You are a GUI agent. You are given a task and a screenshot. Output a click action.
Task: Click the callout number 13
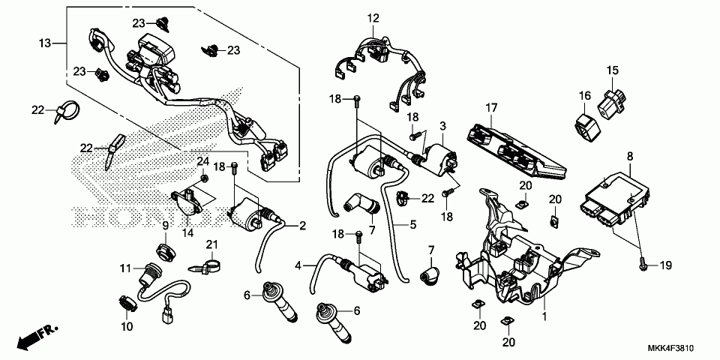point(44,43)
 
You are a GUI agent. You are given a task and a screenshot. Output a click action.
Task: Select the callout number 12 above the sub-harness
point(373,18)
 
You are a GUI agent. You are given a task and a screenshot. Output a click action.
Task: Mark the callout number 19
point(666,265)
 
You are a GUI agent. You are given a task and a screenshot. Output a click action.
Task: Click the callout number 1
point(545,316)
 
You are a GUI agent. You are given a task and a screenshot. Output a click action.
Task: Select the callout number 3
point(442,126)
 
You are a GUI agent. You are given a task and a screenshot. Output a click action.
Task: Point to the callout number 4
point(298,265)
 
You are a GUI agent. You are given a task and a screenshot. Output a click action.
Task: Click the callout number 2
point(302,226)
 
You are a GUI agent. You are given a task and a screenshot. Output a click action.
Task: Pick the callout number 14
point(187,232)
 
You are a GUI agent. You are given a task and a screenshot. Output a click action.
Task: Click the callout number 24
point(203,161)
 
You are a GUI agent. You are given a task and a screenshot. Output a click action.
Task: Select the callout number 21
point(211,244)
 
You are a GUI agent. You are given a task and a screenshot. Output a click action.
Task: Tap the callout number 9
point(165,226)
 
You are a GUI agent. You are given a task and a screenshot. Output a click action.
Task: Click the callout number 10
point(127,327)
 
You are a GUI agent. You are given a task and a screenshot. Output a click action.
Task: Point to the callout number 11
point(126,268)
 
